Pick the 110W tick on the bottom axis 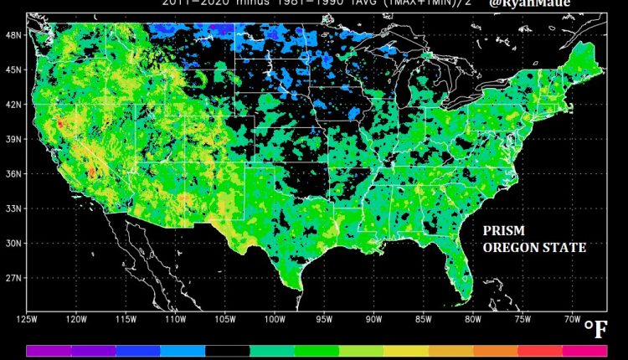point(174,318)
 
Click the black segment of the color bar point(228,352)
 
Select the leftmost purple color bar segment point(49,352)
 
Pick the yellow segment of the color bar point(406,352)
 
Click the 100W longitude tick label point(274,318)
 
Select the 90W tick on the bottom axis point(373,318)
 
